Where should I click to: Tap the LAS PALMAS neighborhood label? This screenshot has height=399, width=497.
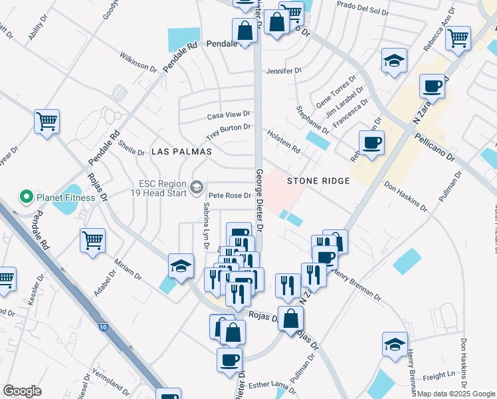tap(181, 152)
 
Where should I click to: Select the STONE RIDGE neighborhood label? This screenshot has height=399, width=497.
tap(318, 180)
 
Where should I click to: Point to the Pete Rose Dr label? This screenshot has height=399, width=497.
tap(229, 196)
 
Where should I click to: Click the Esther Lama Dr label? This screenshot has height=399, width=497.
tap(272, 384)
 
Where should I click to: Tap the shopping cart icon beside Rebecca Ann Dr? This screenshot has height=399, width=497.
tap(458, 39)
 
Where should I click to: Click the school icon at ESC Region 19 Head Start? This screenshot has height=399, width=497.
tap(196, 188)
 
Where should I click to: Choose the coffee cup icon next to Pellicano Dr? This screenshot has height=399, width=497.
tap(371, 142)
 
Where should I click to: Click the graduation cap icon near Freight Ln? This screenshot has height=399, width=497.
tap(395, 344)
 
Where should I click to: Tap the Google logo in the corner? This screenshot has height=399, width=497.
tap(22, 391)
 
